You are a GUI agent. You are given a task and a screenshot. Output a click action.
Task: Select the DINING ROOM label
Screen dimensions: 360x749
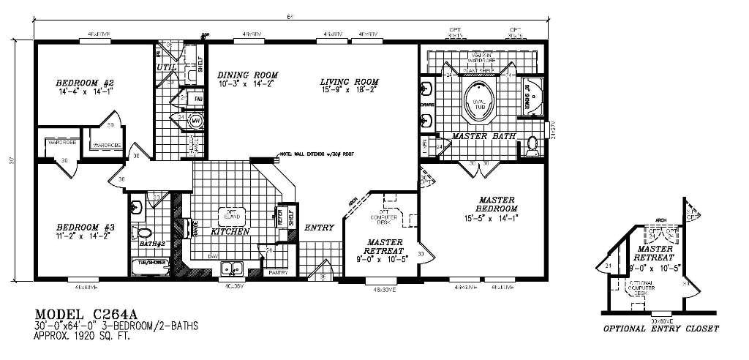coord(247,75)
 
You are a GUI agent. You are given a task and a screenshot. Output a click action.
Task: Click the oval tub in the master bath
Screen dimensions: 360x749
coord(481,102)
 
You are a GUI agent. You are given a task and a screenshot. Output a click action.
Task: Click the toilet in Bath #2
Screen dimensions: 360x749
coord(141,233)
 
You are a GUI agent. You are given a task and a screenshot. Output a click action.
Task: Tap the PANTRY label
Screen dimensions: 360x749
coord(277,272)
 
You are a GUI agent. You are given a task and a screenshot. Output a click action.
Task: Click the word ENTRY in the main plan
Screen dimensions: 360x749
coord(319,228)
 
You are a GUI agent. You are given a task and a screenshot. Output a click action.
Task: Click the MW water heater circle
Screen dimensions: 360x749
coord(195,121)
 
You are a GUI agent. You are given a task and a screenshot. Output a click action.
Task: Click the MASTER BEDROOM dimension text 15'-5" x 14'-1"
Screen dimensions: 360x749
coord(492,217)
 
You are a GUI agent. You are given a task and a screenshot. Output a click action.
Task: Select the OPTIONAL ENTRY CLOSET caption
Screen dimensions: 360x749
coord(660,329)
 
